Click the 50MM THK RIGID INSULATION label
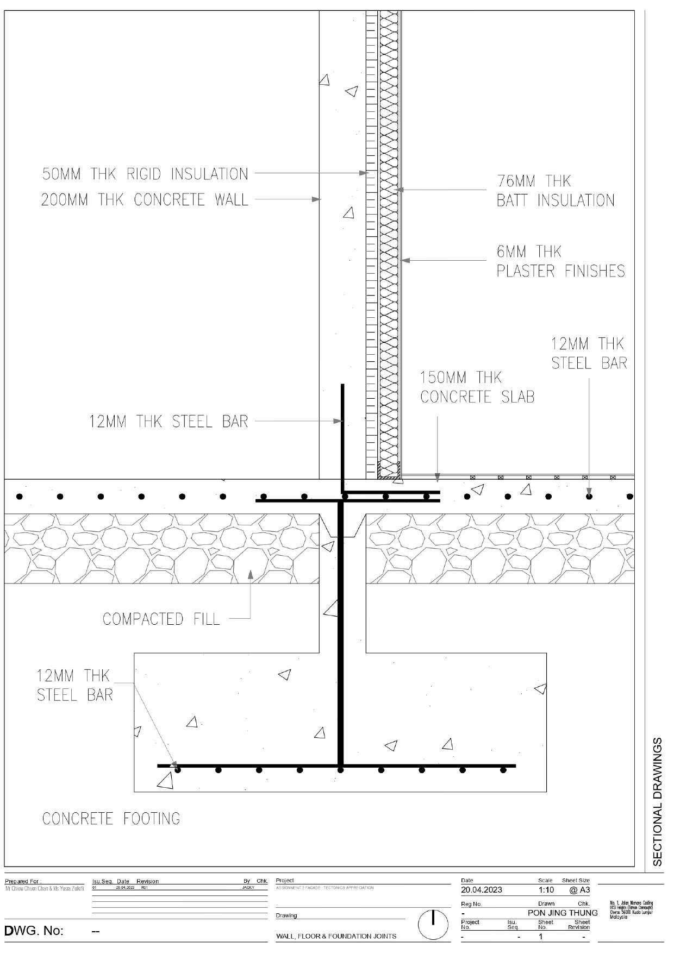[145, 174]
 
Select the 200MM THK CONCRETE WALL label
[145, 200]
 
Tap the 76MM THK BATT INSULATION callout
[555, 191]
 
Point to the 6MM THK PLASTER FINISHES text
[560, 261]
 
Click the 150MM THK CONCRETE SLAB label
[477, 387]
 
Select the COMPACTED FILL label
[161, 619]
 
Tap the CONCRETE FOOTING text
[111, 819]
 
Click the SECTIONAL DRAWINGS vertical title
[658, 801]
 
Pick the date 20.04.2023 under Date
[482, 890]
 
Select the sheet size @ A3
[579, 890]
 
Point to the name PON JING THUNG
[562, 913]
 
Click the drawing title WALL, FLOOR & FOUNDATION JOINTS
[336, 936]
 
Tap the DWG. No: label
[34, 931]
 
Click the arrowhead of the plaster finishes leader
[404, 261]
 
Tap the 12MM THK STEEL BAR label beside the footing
[74, 685]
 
